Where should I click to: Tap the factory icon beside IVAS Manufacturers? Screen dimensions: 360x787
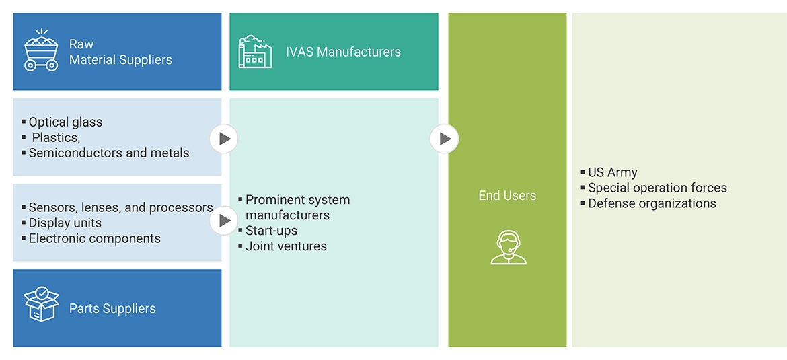255,52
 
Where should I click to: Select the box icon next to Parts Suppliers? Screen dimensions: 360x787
41,303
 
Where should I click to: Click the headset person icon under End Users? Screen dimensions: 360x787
508,247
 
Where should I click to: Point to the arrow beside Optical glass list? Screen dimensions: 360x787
224,139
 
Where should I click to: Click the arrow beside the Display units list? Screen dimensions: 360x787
224,221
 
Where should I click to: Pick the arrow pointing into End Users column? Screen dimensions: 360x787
444,139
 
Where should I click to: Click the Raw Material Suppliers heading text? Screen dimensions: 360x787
120,52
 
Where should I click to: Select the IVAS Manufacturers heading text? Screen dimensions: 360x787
343,52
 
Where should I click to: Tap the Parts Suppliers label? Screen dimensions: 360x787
112,309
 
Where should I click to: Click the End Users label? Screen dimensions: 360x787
507,196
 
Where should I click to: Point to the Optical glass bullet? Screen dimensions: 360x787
65,122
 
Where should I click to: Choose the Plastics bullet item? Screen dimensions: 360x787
57,138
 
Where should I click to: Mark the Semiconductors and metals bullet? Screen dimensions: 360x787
109,153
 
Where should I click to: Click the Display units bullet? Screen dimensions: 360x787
65,223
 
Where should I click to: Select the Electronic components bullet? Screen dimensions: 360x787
94,239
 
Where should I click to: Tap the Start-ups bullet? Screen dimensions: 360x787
271,231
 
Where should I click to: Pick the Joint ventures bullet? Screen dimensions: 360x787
286,246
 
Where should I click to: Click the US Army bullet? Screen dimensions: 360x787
612,173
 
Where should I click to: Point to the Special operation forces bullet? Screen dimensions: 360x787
657,188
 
